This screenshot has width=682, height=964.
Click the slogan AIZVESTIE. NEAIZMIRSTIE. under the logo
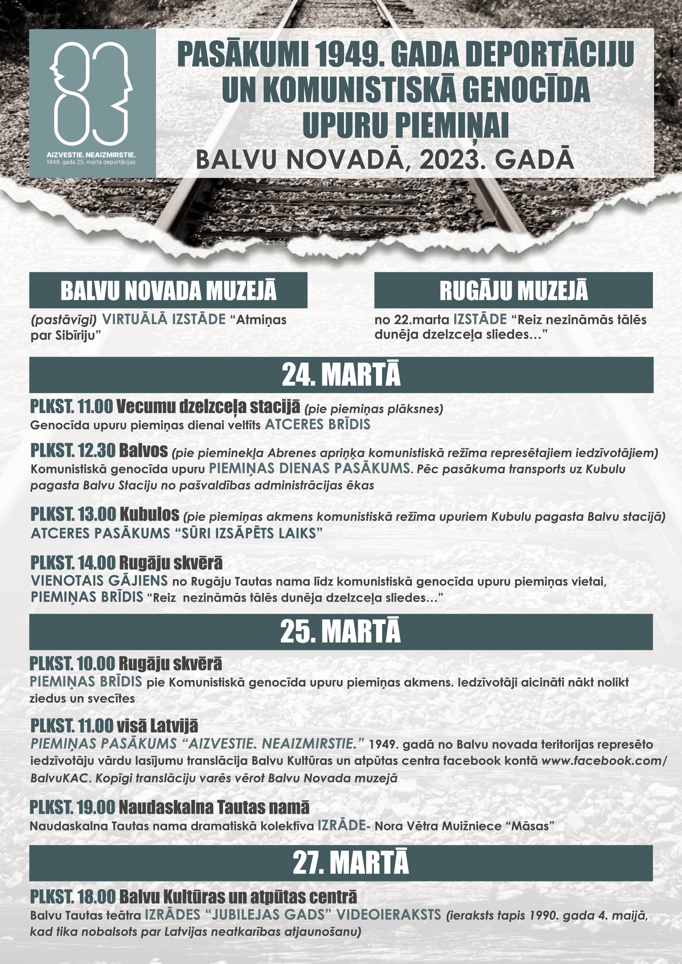(92, 154)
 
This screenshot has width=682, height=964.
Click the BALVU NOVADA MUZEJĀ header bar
(168, 290)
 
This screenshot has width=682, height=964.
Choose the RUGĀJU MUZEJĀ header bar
(513, 290)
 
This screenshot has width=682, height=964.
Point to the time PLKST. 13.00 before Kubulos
(73, 514)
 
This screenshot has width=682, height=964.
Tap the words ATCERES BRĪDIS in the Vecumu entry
(317, 424)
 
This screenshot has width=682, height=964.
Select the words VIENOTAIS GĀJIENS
(99, 581)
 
